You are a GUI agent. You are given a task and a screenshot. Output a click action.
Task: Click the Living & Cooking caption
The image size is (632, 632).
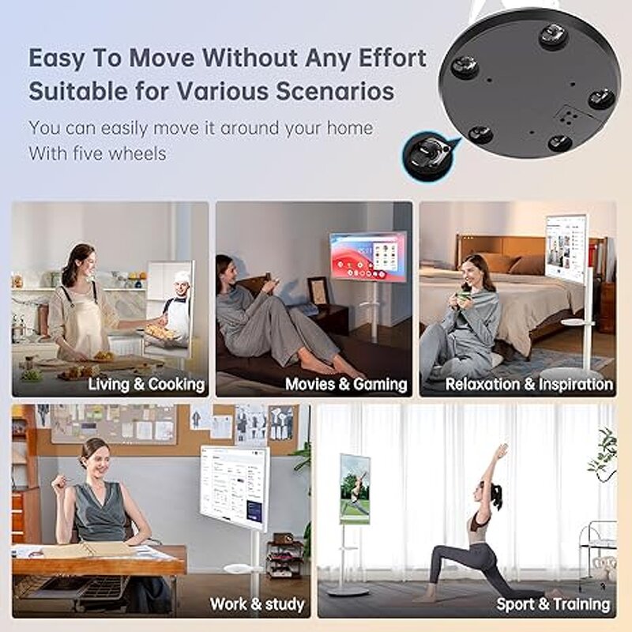point(146,385)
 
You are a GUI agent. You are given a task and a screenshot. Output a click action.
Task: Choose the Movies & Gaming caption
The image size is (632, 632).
point(346,385)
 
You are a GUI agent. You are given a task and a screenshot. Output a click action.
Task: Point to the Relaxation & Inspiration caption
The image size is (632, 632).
point(529,385)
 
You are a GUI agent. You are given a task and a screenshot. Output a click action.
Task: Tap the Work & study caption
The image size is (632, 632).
point(257,604)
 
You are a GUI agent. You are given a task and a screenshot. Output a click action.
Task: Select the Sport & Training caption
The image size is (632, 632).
point(553,604)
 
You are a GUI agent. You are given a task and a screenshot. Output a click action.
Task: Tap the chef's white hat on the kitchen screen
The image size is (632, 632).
point(182,279)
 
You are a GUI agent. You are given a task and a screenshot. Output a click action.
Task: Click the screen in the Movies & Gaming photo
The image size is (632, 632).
point(368,256)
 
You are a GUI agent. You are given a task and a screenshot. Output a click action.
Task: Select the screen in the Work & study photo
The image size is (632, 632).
point(234,485)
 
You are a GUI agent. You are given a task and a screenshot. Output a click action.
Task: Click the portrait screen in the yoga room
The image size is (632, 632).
point(355,489)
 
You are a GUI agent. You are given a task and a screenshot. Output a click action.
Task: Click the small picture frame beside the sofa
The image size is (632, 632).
point(318,292)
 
